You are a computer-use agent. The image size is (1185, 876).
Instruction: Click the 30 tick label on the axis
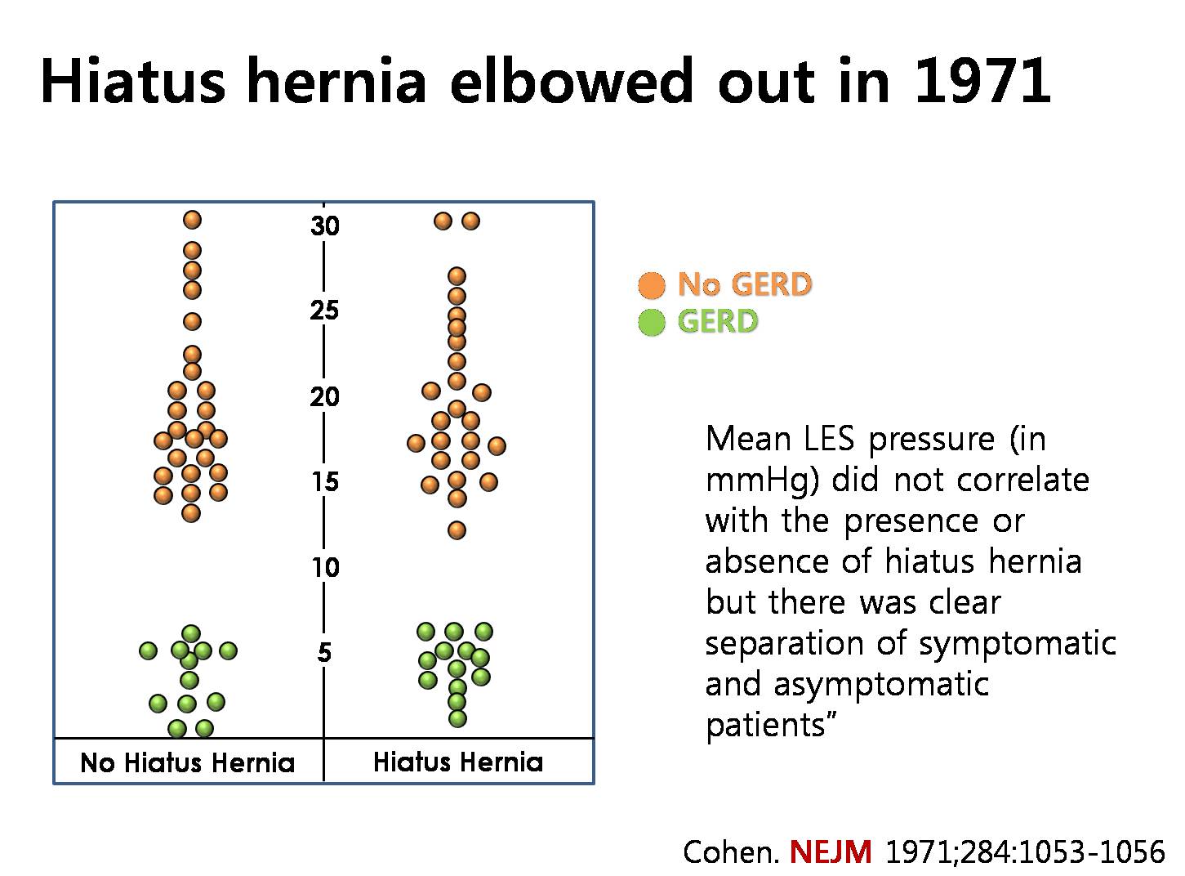point(324,226)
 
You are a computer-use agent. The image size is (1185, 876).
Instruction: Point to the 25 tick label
point(324,311)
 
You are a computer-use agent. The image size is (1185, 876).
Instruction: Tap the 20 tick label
point(324,397)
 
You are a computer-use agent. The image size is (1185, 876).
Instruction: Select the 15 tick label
point(325,482)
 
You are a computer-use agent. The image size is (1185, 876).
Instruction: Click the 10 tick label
point(325,567)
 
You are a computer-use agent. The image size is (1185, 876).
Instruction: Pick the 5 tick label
point(324,652)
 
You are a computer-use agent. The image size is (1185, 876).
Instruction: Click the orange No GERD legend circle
point(652,284)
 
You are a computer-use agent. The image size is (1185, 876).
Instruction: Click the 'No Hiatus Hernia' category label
point(188,762)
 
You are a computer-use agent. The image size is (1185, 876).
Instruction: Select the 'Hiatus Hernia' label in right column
point(458,762)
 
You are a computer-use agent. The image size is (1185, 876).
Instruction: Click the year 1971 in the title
point(982,81)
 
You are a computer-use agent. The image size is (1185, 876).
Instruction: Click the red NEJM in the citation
point(831,851)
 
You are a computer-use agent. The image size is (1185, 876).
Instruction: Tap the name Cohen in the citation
point(731,852)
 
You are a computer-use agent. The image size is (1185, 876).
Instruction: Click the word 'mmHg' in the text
point(762,480)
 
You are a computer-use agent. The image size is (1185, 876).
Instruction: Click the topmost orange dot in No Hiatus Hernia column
point(193,220)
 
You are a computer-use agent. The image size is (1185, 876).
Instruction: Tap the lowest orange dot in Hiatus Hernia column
point(457,530)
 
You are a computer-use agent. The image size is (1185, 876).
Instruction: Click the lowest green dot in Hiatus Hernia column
point(457,718)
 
